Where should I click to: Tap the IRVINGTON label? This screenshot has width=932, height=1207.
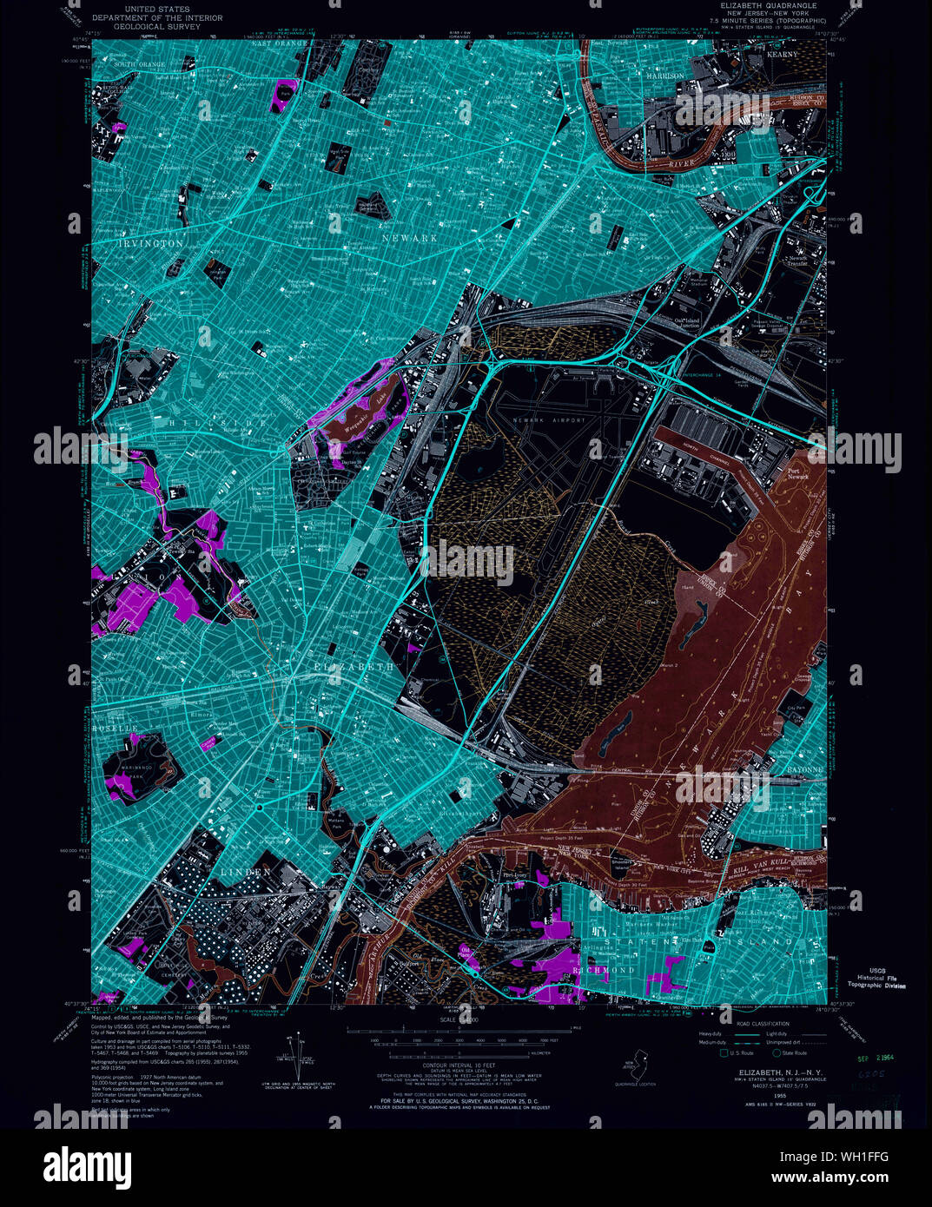pos(151,244)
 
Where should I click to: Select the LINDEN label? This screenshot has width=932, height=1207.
pos(245,871)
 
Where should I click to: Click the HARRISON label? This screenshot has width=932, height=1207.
pos(664,76)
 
